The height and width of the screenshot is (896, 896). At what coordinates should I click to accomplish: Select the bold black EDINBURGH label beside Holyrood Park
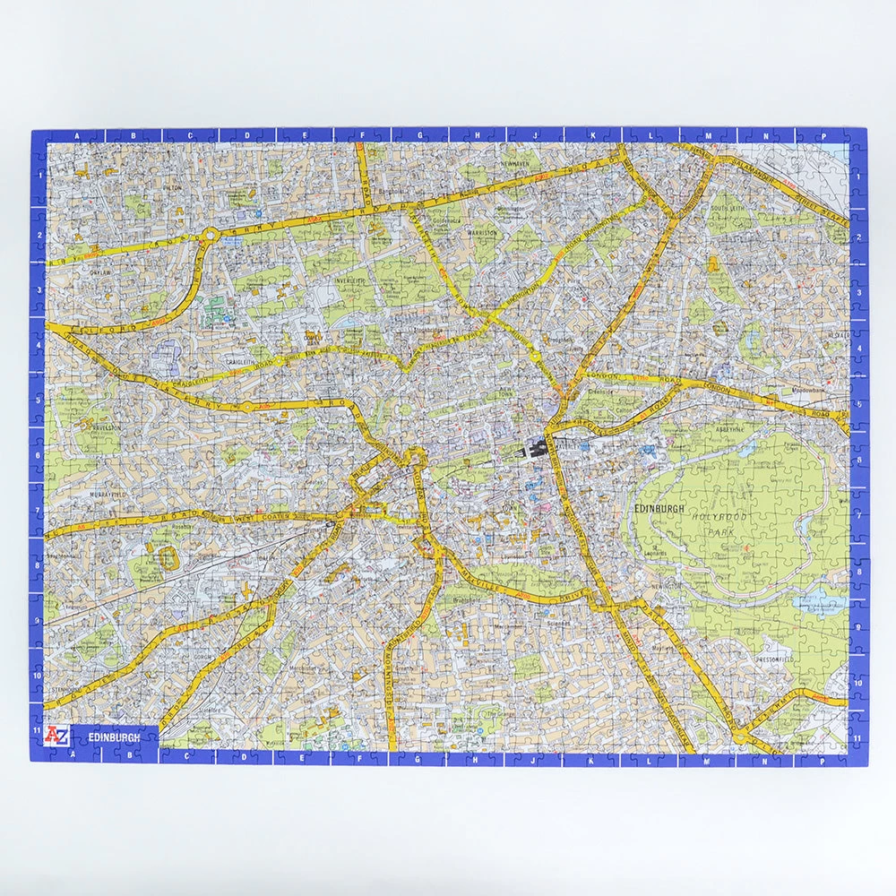click(659, 509)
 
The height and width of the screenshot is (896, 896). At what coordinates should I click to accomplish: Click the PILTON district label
click(173, 188)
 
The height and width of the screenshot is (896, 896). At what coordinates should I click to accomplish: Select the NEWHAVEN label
click(517, 165)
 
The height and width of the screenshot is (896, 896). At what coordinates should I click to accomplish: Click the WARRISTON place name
click(482, 232)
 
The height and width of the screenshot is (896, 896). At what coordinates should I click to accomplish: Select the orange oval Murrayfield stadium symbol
click(166, 556)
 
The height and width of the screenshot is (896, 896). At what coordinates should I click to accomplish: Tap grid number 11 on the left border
click(38, 729)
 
